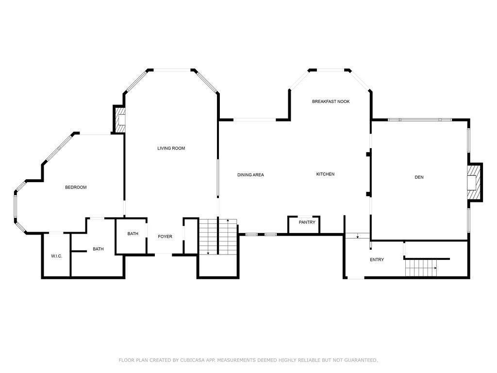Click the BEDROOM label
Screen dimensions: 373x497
click(x=76, y=187)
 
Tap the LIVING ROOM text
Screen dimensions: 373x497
click(x=171, y=148)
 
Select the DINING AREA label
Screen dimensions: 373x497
click(x=250, y=175)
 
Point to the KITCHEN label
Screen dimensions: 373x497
click(x=325, y=174)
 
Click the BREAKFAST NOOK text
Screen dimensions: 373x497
click(x=331, y=102)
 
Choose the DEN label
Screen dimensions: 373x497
click(x=419, y=177)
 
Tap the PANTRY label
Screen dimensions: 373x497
click(x=307, y=222)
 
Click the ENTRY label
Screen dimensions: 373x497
click(x=377, y=260)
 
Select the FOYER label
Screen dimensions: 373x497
click(x=165, y=237)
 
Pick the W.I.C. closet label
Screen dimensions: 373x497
click(x=56, y=256)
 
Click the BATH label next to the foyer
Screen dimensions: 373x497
click(x=133, y=234)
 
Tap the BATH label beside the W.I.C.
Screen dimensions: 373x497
click(x=98, y=249)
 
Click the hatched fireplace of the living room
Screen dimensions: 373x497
click(x=119, y=119)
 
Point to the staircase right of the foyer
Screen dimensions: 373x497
click(x=217, y=237)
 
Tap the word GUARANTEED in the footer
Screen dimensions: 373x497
click(x=360, y=360)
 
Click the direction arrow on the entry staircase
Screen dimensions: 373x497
click(x=435, y=268)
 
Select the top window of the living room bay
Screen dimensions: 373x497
click(x=172, y=70)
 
